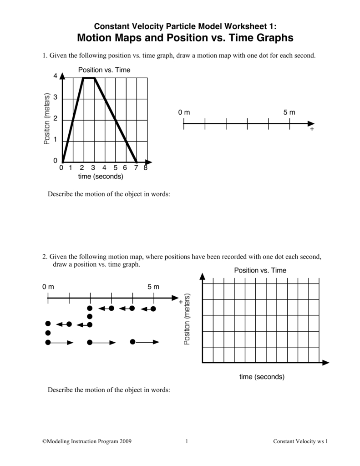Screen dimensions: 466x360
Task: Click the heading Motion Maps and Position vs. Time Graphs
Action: [180, 38]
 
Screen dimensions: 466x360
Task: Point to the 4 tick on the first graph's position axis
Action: [56, 77]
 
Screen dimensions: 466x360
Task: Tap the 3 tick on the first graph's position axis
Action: [56, 98]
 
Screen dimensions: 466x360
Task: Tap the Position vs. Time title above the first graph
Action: [104, 70]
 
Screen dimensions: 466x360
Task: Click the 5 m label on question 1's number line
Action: [289, 112]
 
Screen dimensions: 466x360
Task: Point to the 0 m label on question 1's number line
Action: [184, 112]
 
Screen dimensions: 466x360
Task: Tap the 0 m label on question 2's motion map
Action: [48, 287]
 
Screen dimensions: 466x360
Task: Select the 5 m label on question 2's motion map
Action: [153, 287]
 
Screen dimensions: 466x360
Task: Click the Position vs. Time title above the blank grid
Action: [260, 270]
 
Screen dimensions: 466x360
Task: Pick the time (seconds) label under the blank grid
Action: [262, 377]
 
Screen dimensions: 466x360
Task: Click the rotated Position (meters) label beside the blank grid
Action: [187, 319]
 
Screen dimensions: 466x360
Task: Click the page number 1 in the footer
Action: [188, 441]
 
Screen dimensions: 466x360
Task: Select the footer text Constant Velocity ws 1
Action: [300, 441]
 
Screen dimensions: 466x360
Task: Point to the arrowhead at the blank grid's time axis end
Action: [325, 363]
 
